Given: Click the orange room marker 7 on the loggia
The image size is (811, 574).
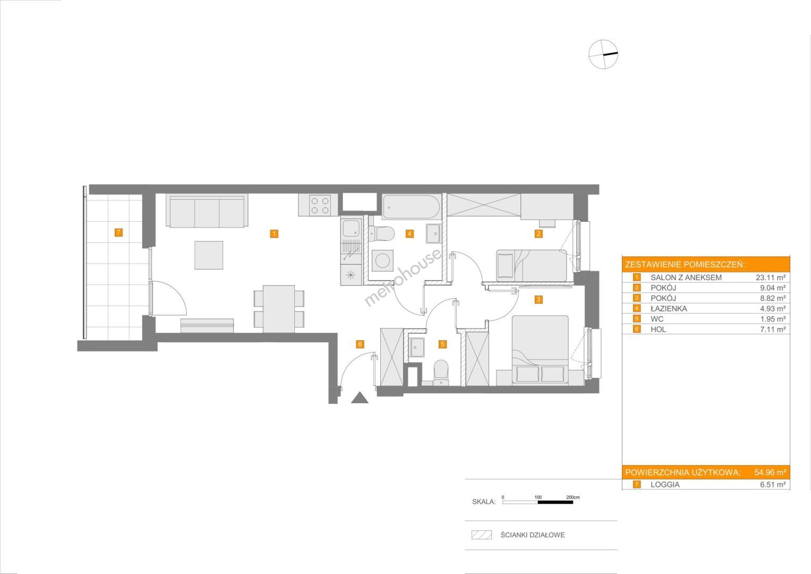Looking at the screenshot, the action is (118, 232).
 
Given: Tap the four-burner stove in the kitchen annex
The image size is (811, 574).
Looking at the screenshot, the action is (320, 205).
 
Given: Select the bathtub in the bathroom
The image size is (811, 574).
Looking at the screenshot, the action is (411, 207).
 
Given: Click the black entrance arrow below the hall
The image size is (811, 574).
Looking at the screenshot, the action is (360, 398).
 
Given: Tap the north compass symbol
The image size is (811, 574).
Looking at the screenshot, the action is (603, 54).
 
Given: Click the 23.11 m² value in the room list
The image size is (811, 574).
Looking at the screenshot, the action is (771, 277).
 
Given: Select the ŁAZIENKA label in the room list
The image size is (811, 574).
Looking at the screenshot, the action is (669, 309).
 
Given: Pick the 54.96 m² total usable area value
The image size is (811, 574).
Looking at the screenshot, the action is (770, 472).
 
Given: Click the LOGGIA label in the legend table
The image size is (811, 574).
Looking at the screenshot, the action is (665, 485).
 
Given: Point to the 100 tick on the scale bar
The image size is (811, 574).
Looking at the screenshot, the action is (538, 497).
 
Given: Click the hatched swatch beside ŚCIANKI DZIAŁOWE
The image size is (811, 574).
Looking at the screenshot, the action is (482, 535).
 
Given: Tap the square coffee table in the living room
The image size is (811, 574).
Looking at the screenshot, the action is (209, 255).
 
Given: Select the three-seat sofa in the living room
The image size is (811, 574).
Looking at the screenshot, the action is (207, 211).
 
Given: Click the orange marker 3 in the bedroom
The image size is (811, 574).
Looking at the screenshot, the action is (539, 299).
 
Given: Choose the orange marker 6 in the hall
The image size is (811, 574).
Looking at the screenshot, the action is (360, 344).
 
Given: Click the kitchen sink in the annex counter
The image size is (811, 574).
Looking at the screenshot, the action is (351, 229).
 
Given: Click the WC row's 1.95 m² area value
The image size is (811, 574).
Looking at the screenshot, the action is (773, 319).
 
